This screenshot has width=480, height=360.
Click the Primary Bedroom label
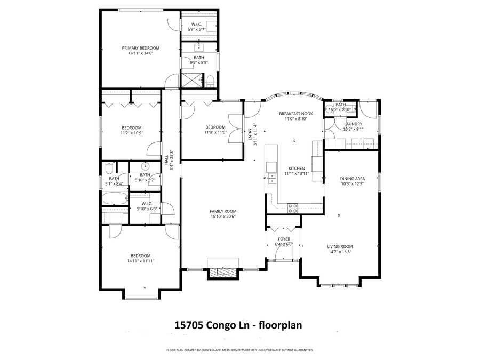(x=140, y=48)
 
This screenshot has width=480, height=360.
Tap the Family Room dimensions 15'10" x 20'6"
(x=222, y=217)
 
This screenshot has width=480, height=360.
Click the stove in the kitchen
(x=293, y=208)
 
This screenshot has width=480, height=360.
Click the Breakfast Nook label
(x=295, y=114)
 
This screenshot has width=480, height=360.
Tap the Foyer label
(x=283, y=239)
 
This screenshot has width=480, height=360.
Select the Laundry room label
(x=353, y=124)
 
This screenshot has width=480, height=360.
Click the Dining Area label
(x=352, y=179)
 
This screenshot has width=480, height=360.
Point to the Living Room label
(x=340, y=246)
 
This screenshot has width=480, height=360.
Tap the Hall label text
(x=166, y=158)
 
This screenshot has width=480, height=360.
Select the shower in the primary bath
(x=192, y=81)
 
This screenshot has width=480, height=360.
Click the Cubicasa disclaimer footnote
(x=240, y=350)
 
